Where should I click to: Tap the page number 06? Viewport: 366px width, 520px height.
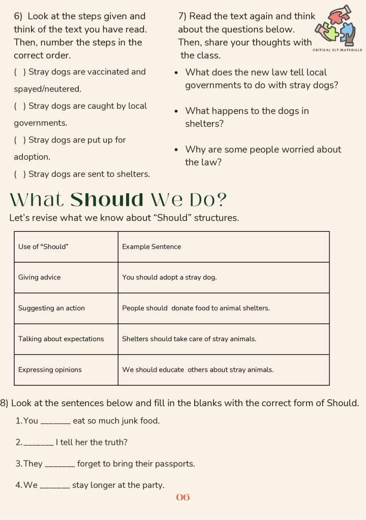[183, 497]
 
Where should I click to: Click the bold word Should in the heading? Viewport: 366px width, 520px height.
[107, 200]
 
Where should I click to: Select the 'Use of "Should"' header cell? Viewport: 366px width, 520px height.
[44, 247]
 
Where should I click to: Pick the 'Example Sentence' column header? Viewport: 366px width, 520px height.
[151, 247]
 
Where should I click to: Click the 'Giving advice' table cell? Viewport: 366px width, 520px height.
[40, 278]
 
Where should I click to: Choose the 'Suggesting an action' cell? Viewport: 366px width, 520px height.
[51, 308]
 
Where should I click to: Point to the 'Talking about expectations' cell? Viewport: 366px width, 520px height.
[61, 339]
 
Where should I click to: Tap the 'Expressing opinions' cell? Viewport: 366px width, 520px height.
[50, 370]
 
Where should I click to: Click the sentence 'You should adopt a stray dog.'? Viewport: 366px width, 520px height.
[169, 278]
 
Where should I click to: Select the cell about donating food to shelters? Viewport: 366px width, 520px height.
[196, 308]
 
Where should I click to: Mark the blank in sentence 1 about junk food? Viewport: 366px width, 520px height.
[55, 421]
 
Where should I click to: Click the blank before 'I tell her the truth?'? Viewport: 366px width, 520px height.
[39, 443]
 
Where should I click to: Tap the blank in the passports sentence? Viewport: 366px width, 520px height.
[60, 464]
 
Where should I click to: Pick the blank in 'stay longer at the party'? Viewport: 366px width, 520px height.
[55, 485]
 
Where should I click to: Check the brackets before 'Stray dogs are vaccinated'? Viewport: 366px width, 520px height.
[20, 72]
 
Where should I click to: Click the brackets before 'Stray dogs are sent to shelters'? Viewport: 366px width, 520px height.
[20, 174]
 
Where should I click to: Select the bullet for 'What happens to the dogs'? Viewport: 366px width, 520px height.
[176, 111]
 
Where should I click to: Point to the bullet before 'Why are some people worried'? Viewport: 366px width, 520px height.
[176, 150]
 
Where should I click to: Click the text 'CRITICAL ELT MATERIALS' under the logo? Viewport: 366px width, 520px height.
[338, 50]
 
